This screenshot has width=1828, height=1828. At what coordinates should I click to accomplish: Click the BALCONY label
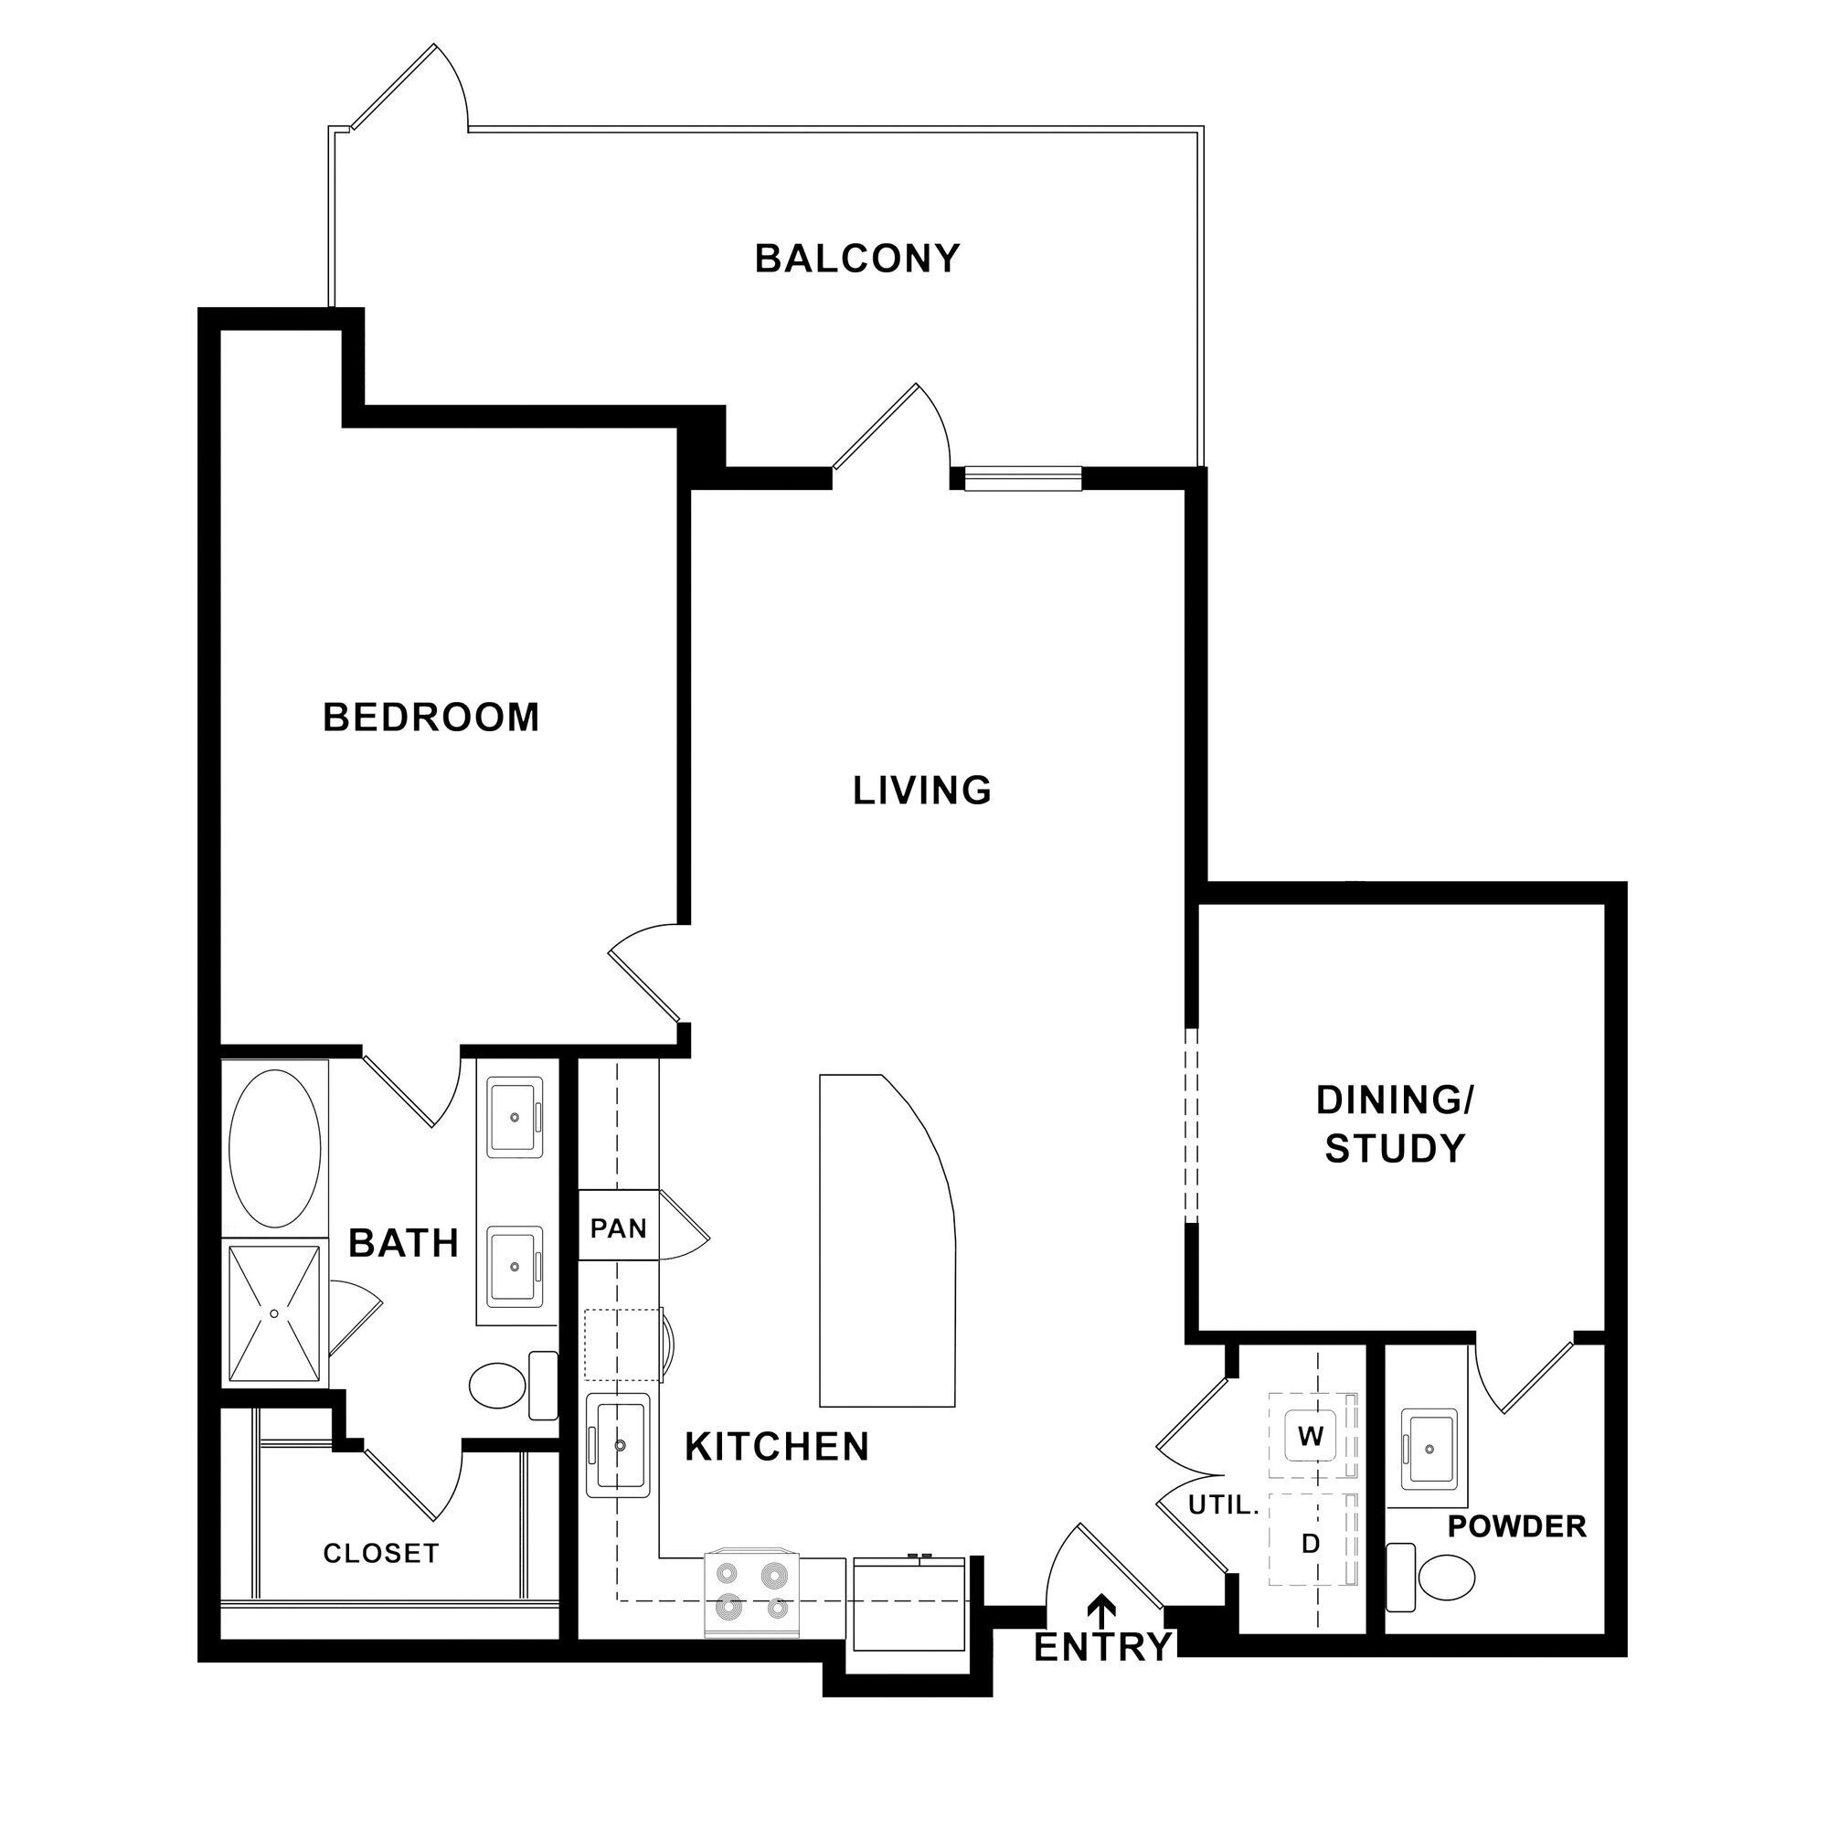point(856,259)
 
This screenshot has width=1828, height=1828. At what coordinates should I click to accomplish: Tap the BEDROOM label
point(430,717)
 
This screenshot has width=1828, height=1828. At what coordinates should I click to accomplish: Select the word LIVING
point(921,790)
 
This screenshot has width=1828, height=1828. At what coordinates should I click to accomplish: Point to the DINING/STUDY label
point(1395,1124)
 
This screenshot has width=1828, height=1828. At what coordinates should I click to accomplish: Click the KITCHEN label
point(777,1447)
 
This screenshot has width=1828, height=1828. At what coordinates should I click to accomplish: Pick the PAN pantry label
point(618,1228)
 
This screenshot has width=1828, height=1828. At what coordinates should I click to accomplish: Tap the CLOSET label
point(380,1553)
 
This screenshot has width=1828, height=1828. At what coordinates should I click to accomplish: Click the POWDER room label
point(1516,1526)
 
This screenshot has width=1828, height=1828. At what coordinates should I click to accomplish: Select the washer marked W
point(1311,1435)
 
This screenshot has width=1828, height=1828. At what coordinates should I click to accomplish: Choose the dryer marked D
point(1311,1543)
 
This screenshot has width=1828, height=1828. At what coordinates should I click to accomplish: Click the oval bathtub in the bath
point(275,1149)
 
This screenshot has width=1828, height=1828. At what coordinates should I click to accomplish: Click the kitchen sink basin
point(619,1445)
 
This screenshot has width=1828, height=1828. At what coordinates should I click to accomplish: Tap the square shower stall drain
point(274,1313)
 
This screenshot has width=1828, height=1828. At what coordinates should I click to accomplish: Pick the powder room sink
point(1429,1449)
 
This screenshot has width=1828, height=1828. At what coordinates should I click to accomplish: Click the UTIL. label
point(1222,1505)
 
